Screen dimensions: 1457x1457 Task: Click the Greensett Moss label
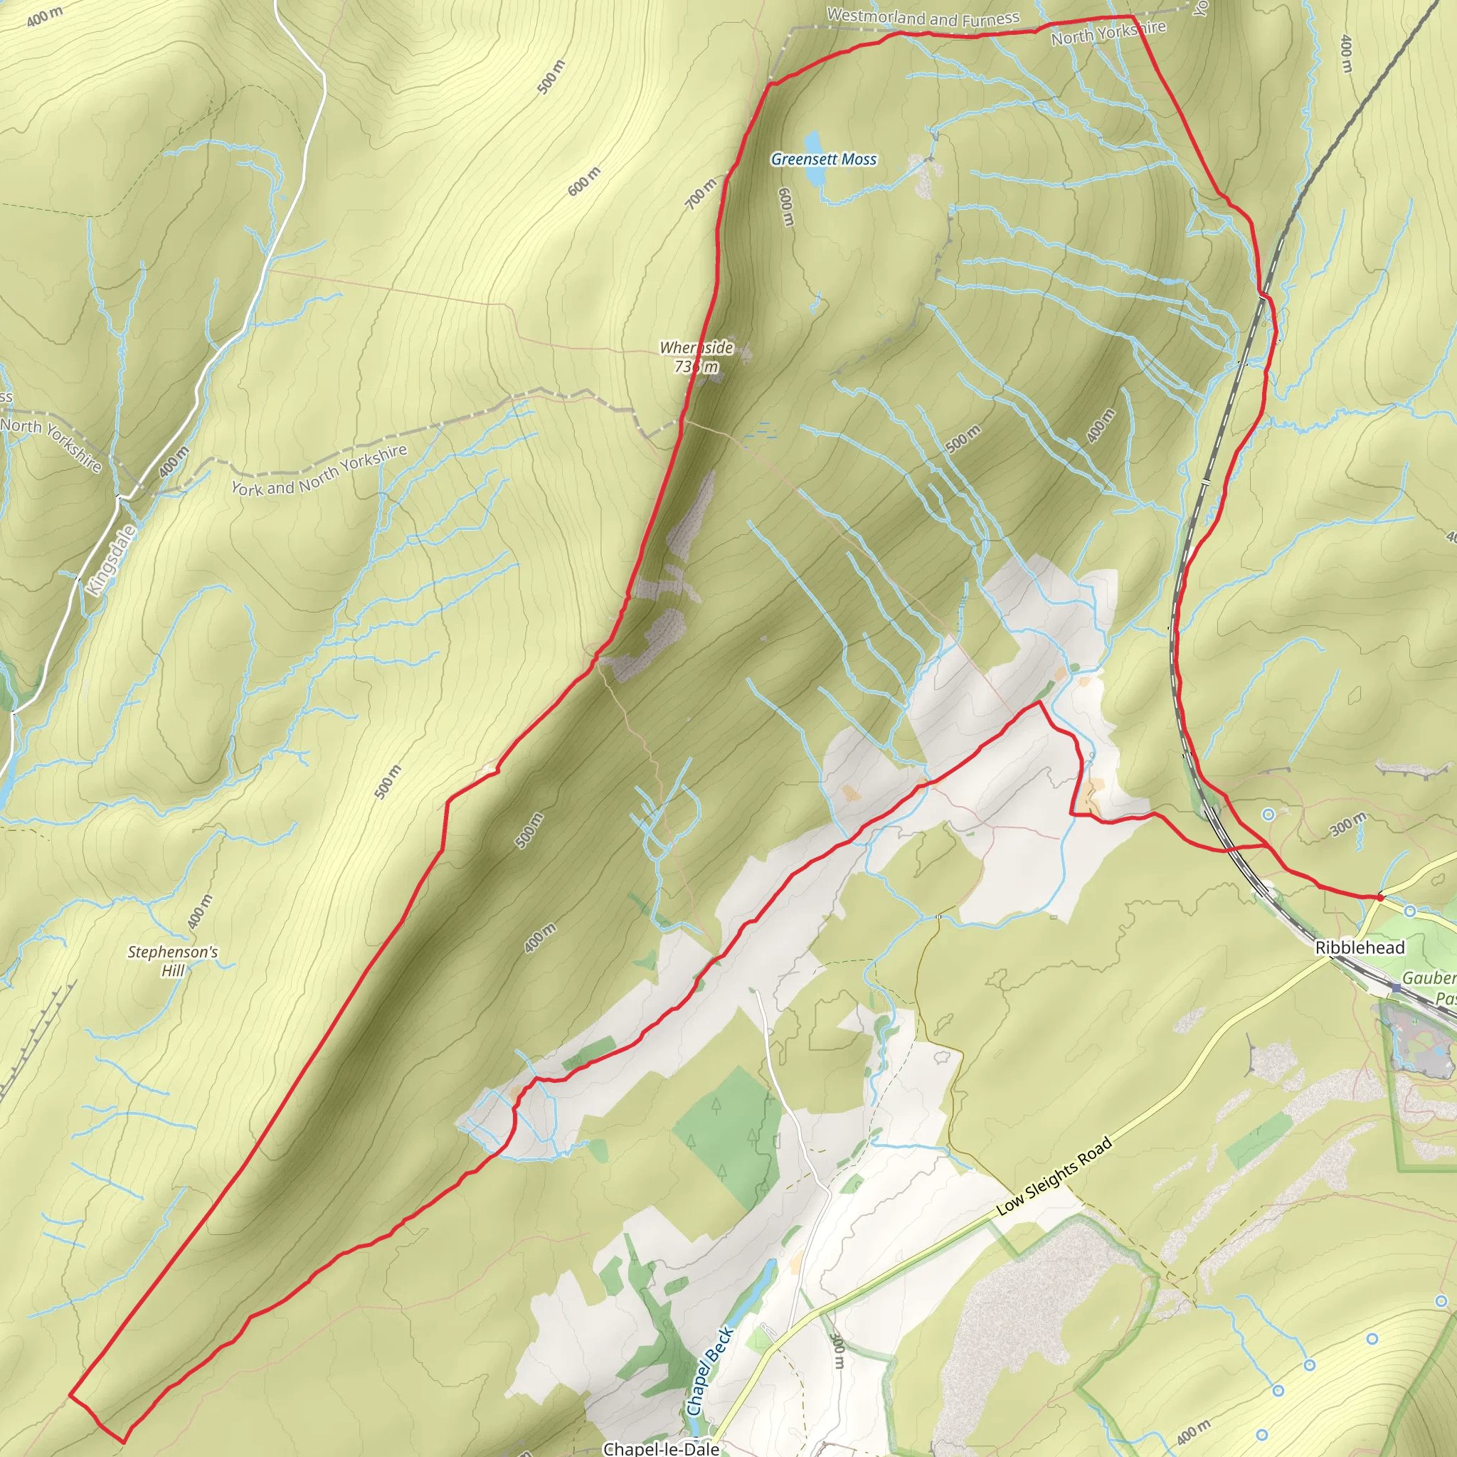[824, 159]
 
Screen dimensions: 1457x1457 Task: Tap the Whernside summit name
[696, 348]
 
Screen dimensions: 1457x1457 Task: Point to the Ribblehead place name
[1360, 948]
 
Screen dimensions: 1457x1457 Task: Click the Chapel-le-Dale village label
[661, 1448]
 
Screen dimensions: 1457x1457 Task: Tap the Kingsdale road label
[112, 560]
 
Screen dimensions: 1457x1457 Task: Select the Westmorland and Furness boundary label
[922, 17]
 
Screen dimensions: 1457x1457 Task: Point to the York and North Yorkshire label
[319, 470]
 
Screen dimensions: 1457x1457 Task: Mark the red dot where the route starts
[1380, 897]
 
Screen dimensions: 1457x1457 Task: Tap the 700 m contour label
[701, 194]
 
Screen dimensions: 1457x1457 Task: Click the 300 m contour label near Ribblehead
[1347, 825]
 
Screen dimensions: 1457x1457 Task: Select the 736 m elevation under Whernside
[696, 367]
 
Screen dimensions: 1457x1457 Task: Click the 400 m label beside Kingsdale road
[174, 462]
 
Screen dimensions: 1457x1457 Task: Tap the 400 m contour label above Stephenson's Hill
[200, 911]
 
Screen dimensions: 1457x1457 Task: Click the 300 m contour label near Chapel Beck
[837, 1350]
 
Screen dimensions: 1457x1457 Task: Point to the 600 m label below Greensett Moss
[785, 206]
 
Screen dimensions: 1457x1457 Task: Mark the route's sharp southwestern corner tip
[70, 1394]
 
